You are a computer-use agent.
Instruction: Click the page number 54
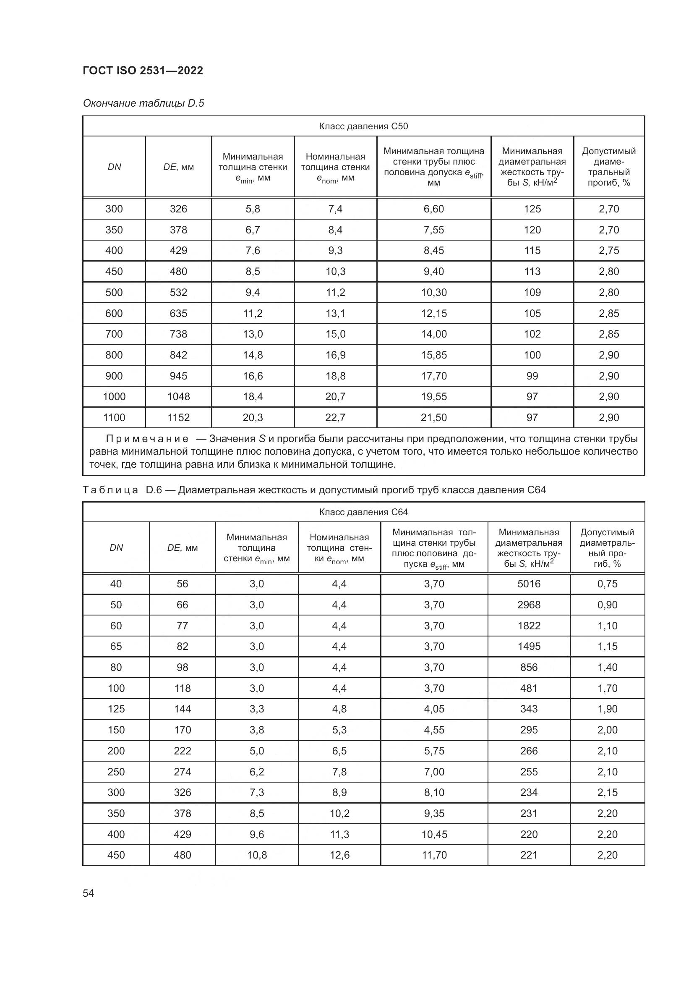click(88, 893)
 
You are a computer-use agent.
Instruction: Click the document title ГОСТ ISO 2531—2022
click(143, 71)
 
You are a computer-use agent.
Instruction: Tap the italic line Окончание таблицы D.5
click(143, 103)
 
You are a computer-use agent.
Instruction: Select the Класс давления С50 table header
click(363, 126)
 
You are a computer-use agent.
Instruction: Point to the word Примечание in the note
click(147, 439)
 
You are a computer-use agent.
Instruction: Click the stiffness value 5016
click(529, 584)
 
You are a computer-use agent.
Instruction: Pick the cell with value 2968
click(529, 605)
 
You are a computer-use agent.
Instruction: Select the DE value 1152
click(178, 417)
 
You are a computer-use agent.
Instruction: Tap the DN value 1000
click(114, 396)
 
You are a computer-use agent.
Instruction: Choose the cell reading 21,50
click(434, 417)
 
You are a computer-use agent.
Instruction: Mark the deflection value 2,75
click(608, 250)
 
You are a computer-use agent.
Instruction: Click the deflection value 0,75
click(607, 584)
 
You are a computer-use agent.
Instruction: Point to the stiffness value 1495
click(529, 646)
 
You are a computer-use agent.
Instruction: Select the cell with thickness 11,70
click(434, 855)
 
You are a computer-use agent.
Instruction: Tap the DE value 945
click(178, 376)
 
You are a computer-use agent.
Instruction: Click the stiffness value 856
click(529, 667)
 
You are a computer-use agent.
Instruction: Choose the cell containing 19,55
click(434, 396)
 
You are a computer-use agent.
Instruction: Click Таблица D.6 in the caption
click(122, 490)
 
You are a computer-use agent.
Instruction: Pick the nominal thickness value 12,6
click(339, 855)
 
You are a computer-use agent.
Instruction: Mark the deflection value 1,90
click(607, 709)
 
